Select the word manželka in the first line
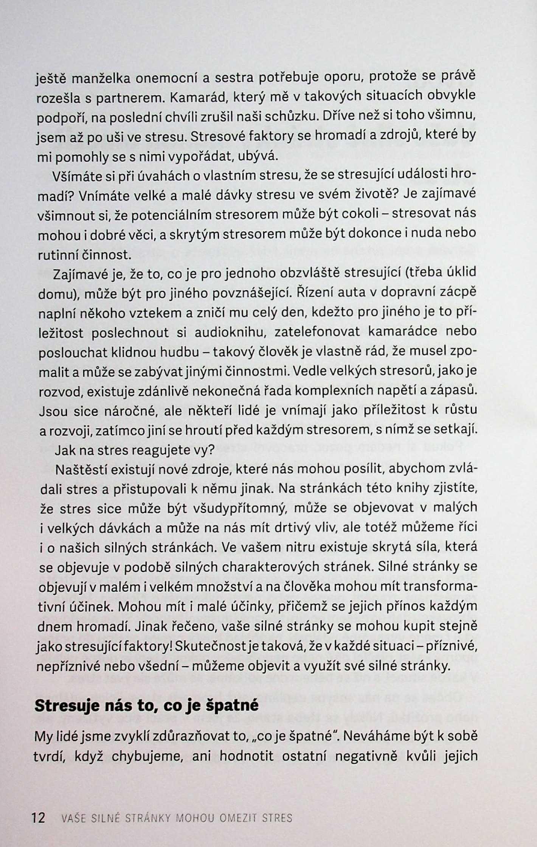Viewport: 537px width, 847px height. pyautogui.click(x=101, y=79)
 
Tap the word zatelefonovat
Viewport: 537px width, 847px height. pyautogui.click(x=317, y=332)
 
